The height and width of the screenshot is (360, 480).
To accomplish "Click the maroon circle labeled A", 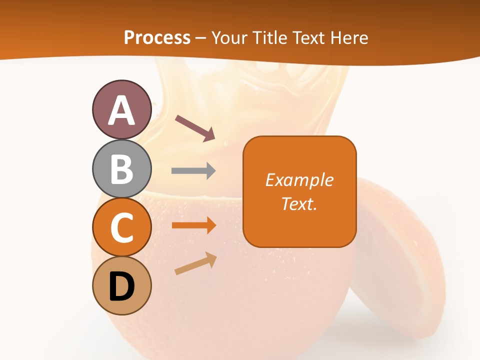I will (121, 110).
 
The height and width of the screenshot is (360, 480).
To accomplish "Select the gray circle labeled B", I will (121, 169).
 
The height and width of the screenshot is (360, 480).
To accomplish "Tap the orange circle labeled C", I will (121, 227).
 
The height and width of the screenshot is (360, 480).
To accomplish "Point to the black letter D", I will (121, 287).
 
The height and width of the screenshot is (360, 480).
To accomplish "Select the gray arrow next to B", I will (193, 171).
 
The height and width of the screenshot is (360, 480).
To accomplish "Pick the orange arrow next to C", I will (193, 225).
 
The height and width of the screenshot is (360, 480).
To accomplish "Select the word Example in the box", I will (299, 180).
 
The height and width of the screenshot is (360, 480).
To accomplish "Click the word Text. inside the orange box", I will (299, 204).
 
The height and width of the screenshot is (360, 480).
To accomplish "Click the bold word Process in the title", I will (157, 37).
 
